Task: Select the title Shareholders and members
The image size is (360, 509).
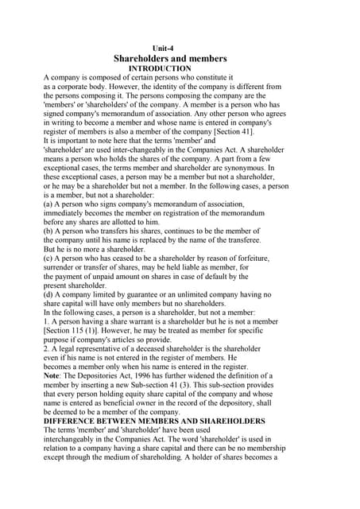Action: point(170,59)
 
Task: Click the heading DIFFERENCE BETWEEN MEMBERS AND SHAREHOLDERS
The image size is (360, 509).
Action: point(154,420)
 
